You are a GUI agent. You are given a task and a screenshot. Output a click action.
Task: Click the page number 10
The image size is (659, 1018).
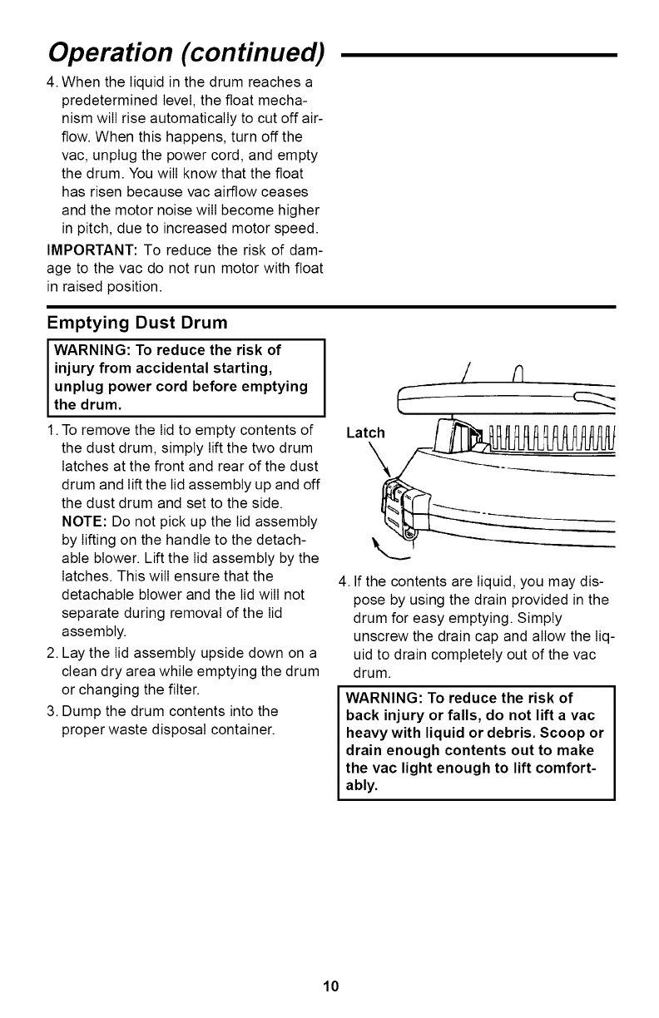[330, 987]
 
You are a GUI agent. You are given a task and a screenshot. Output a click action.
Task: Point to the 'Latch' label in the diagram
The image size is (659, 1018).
[364, 432]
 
